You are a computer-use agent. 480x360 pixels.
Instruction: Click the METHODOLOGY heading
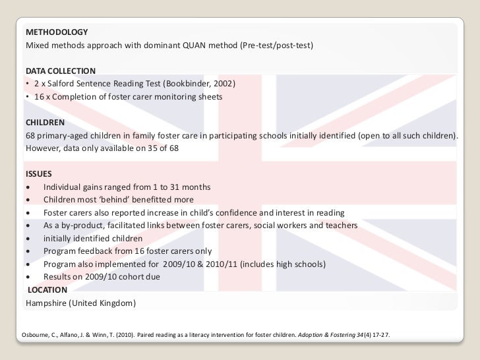tap(56, 32)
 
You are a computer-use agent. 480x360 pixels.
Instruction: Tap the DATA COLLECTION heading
tap(61, 71)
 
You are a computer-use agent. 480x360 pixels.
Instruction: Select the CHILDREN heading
tap(45, 123)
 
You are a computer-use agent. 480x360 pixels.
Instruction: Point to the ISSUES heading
tap(39, 174)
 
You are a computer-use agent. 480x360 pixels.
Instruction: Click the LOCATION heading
tap(48, 289)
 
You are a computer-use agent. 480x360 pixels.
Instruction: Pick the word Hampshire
tap(47, 303)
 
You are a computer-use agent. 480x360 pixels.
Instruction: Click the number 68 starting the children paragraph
tap(31, 136)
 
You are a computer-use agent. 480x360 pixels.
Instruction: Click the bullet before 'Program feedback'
tap(27, 252)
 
